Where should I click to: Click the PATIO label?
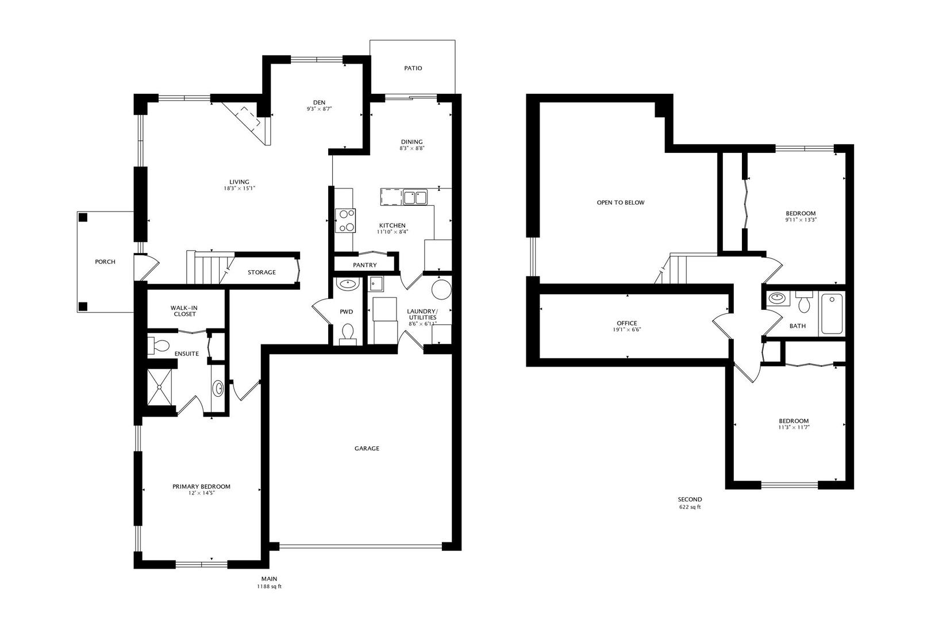click(x=413, y=68)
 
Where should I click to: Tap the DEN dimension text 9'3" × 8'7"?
click(x=319, y=109)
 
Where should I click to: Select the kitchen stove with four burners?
click(x=345, y=220)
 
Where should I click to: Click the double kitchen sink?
click(x=415, y=197)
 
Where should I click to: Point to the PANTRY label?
click(x=365, y=265)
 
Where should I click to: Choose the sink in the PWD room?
click(x=348, y=284)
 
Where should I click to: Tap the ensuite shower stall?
click(x=159, y=387)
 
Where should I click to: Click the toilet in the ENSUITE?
click(x=159, y=346)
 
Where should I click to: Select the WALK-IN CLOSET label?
click(x=184, y=311)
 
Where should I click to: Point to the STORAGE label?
click(x=262, y=273)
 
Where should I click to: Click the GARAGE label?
click(x=367, y=448)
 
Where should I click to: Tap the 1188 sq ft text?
click(x=270, y=586)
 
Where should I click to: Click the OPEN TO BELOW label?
click(x=621, y=202)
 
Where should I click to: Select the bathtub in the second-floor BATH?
click(x=832, y=314)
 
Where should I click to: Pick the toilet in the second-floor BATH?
click(x=804, y=302)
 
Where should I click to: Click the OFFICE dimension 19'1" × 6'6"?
click(x=627, y=330)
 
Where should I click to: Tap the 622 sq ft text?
click(x=690, y=507)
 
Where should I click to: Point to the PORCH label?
click(x=105, y=262)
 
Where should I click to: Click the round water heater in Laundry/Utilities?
click(x=441, y=289)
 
